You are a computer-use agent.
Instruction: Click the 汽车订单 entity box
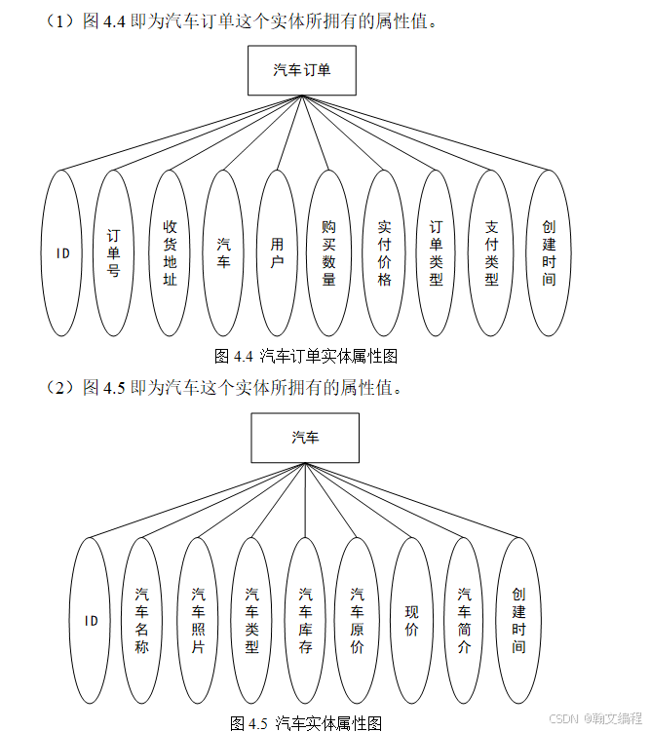click(301, 71)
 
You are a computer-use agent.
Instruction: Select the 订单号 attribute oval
click(114, 253)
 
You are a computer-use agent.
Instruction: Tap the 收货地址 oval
click(170, 253)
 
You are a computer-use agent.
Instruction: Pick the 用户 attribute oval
click(278, 253)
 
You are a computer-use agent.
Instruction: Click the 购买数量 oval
click(328, 253)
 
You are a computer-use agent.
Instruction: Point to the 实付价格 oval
click(384, 253)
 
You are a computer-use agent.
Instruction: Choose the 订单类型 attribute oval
click(437, 253)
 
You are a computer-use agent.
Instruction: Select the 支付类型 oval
click(491, 253)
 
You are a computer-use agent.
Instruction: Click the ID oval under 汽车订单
click(62, 253)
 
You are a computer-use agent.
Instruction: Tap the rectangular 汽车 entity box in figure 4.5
click(305, 438)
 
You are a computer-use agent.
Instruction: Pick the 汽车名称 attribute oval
click(142, 620)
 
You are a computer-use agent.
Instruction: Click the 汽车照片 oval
click(198, 620)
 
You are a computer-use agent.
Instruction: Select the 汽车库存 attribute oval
click(305, 620)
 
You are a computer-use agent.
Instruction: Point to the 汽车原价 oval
click(357, 620)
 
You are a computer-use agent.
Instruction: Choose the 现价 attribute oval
click(411, 620)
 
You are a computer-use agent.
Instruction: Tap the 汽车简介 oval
click(464, 620)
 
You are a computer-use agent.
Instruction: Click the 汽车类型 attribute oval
click(251, 620)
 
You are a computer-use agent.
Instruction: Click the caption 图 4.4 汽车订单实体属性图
click(306, 357)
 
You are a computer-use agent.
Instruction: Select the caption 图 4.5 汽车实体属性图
click(306, 722)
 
